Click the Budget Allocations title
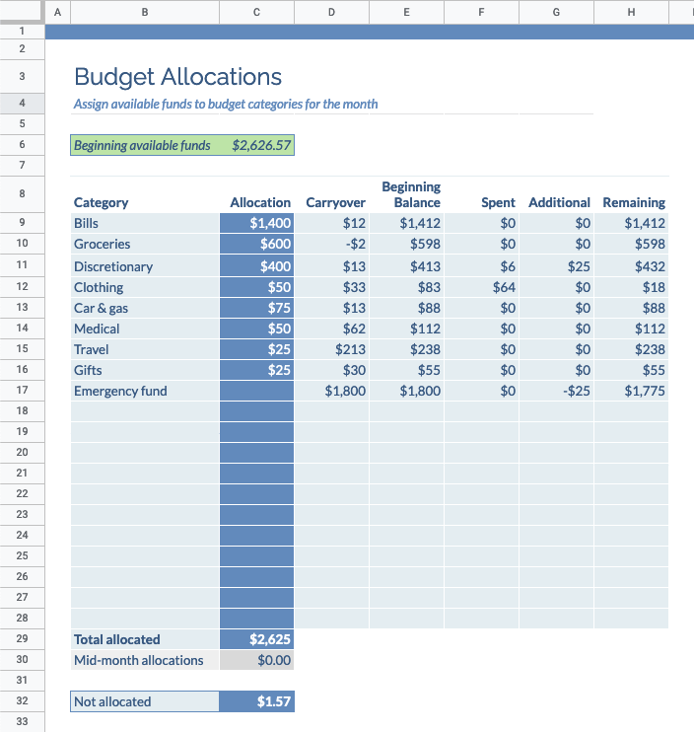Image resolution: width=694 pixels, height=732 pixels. tap(177, 77)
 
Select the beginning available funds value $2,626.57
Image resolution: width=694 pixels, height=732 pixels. tap(261, 146)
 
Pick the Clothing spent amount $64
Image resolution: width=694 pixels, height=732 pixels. tap(504, 287)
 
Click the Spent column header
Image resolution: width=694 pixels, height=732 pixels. tap(498, 202)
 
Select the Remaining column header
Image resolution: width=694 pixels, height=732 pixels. tap(634, 202)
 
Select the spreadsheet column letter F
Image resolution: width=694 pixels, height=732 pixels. tap(480, 12)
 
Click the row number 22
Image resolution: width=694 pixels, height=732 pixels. tap(22, 493)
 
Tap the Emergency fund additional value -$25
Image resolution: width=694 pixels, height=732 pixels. tap(575, 392)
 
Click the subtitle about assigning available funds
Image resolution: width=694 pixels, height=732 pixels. tap(226, 104)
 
